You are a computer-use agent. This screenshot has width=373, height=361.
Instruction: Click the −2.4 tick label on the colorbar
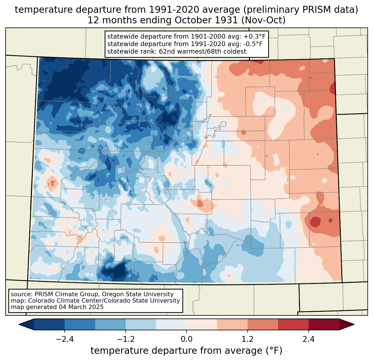pos(65,339)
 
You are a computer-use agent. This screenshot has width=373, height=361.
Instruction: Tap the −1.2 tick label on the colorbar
pos(126,339)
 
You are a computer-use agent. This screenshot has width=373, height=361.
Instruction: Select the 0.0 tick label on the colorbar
pos(186,339)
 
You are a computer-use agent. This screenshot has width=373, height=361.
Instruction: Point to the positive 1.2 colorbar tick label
pos(248,339)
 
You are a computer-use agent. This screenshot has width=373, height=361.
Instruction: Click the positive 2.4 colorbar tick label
pos(309,339)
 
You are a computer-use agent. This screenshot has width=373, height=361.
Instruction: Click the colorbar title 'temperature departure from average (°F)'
pos(186,351)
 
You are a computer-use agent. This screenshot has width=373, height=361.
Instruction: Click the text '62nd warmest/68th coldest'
pos(203,51)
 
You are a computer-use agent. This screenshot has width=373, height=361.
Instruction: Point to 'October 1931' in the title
pos(206,20)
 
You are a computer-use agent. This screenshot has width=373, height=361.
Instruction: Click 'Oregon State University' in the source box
pos(138,295)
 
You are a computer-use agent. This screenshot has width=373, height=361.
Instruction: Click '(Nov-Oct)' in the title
pos(263,20)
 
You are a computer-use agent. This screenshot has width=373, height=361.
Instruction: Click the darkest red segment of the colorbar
pos(324,325)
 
